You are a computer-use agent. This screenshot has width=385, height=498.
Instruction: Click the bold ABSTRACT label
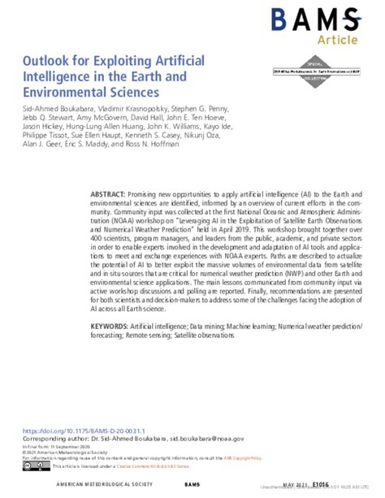click(x=107, y=197)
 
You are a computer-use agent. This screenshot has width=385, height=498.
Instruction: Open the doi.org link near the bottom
click(x=71, y=431)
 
